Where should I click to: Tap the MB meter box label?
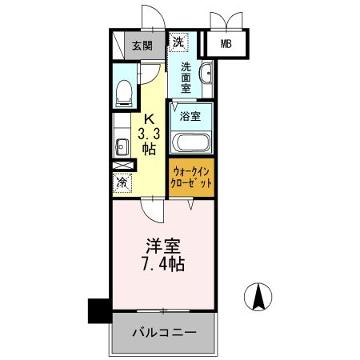click(x=226, y=45)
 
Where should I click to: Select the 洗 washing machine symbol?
click(x=178, y=41)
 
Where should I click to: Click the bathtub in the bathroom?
click(x=190, y=144)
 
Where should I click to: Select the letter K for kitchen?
click(x=149, y=121)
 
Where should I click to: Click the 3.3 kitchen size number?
click(x=149, y=134)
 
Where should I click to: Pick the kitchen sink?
click(x=122, y=146)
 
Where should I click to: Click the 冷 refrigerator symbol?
click(x=122, y=183)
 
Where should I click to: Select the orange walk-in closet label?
click(x=192, y=177)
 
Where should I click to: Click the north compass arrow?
click(x=259, y=298)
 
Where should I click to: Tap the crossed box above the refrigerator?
click(x=122, y=166)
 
